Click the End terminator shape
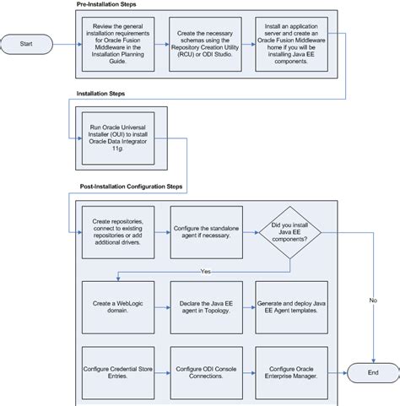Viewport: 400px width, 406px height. click(373, 371)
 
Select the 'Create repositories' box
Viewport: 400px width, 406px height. click(120, 227)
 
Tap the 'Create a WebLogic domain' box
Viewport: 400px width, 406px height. click(120, 306)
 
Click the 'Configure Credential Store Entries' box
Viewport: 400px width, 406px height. click(120, 371)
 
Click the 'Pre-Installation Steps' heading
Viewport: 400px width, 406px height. click(106, 5)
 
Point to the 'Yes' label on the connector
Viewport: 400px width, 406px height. click(206, 271)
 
